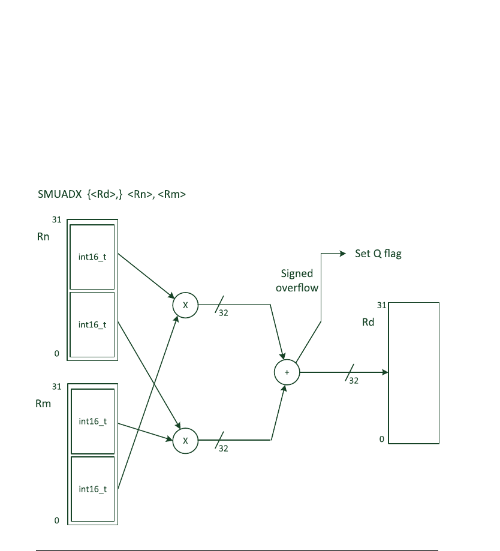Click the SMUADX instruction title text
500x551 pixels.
[112, 194]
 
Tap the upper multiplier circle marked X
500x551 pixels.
[185, 305]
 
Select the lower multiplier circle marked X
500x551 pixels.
[185, 440]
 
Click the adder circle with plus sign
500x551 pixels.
[287, 372]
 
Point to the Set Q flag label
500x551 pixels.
[378, 254]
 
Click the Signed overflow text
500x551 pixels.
[297, 281]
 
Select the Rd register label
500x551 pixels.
[368, 323]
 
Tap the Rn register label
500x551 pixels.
[43, 237]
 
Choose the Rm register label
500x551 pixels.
[43, 404]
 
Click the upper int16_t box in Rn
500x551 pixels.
[92, 257]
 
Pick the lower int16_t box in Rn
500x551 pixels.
[92, 324]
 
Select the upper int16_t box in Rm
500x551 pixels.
[92, 421]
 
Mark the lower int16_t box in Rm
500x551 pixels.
[92, 489]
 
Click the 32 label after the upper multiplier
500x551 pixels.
[223, 313]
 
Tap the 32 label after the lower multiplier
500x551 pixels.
[223, 448]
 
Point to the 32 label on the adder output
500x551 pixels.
[353, 380]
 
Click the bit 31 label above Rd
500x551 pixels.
[381, 305]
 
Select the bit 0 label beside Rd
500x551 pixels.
[381, 439]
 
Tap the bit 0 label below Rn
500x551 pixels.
[57, 354]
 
